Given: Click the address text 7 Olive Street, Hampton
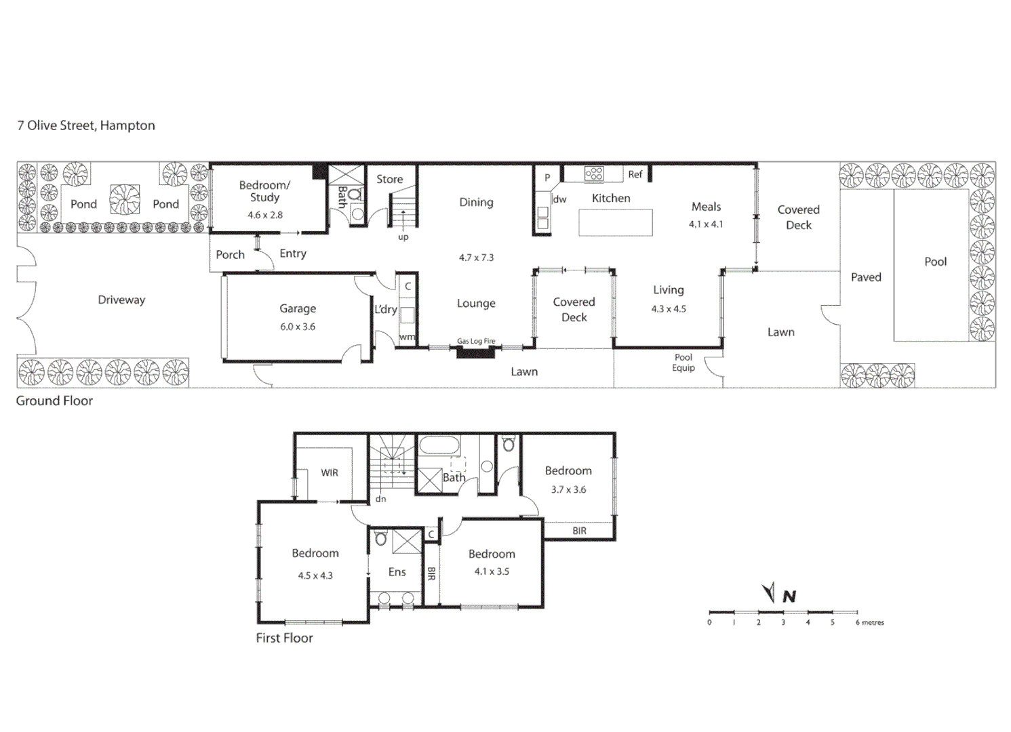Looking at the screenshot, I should pos(86,125).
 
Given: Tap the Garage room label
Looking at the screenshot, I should pos(298,308).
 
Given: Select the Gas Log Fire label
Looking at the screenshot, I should pos(476,341).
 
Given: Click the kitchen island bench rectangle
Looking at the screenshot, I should pos(616,222).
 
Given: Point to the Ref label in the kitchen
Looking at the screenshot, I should pos(635,174).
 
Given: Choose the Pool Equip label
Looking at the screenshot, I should pos(683,363).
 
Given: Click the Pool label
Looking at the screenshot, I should pos(935,262).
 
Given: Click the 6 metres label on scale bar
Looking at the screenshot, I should pos(870,622).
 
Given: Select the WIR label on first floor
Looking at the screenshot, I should pos(330,472).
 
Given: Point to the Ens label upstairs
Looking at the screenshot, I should pos(397,572).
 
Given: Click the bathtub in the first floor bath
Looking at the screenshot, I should pos(439,445).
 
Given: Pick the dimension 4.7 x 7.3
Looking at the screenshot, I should pos(476,258).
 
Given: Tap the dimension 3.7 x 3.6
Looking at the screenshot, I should pos(568,489).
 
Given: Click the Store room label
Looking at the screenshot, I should pos(389,179).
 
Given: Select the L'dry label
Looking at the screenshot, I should pos(385,309).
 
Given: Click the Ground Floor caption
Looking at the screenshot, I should pos(54,401).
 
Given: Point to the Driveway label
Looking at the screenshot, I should pos(121,300).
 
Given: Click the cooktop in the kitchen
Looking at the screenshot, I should pos(594,174).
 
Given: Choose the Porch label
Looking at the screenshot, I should pos(230,255).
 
